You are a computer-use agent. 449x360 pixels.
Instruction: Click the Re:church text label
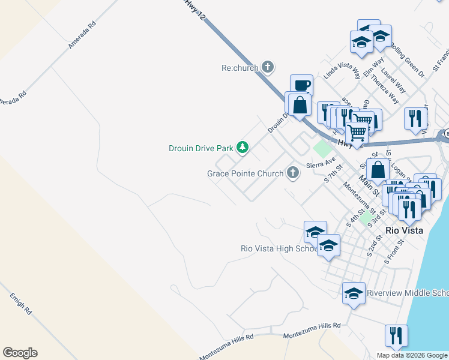coord(240,67)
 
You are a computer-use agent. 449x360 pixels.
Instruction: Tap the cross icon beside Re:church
coord(268,67)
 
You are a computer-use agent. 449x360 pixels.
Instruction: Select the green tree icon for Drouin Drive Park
coord(242,147)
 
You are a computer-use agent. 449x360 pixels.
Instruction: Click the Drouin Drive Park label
coord(200,148)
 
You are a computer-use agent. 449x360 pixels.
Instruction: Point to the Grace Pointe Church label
coord(245,173)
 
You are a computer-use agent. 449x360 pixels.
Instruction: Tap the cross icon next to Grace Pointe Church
coord(292,173)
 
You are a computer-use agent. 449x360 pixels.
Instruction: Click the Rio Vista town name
coord(404,230)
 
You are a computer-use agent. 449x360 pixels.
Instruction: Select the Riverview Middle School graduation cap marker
coord(354,293)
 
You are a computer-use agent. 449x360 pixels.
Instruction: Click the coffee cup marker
coord(301,85)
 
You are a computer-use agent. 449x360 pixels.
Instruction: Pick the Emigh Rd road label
coord(20,304)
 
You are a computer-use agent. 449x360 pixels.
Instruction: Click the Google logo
coord(20,353)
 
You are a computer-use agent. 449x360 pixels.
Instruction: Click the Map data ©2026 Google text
coord(412,355)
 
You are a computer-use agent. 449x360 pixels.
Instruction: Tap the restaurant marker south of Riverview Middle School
coord(396,335)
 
